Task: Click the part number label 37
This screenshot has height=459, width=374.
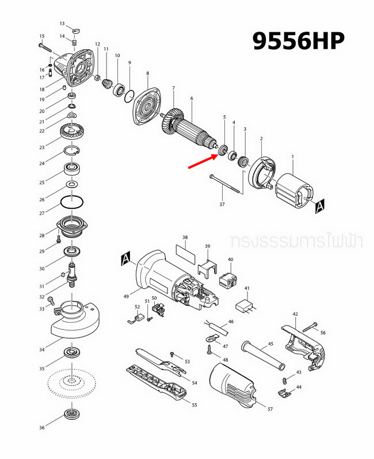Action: pyautogui.click(x=222, y=204)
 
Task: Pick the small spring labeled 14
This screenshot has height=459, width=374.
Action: pyautogui.click(x=74, y=41)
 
